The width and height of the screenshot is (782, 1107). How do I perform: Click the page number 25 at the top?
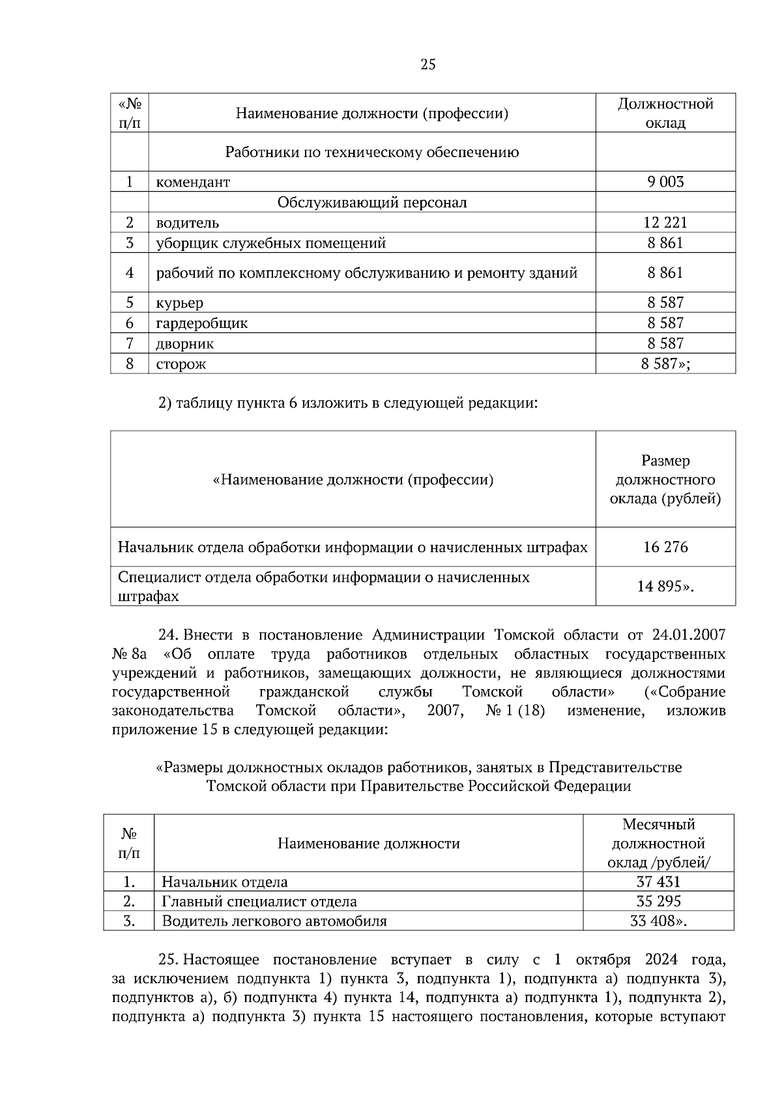click(x=428, y=64)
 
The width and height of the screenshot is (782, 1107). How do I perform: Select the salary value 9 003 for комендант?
click(x=665, y=182)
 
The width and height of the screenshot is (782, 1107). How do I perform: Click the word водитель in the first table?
click(x=187, y=223)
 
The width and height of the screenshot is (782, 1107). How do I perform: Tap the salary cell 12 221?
click(x=665, y=223)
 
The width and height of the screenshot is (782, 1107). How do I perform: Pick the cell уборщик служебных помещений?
click(x=270, y=243)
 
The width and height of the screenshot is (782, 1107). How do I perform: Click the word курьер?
click(x=179, y=303)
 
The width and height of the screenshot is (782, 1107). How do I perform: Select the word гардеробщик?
click(x=201, y=323)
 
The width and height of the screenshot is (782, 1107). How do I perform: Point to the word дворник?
click(x=184, y=344)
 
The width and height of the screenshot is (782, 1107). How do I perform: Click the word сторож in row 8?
click(x=181, y=364)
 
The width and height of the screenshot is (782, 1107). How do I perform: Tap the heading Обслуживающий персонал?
click(x=372, y=202)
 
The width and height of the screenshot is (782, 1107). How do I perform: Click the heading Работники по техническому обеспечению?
click(x=372, y=153)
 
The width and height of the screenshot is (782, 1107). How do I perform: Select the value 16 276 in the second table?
click(x=665, y=547)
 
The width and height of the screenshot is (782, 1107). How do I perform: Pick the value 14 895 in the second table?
click(x=663, y=586)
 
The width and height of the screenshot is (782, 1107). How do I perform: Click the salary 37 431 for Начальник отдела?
click(x=658, y=882)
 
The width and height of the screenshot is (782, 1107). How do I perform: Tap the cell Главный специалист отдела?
click(x=259, y=902)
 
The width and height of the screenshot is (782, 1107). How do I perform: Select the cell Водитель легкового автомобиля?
click(x=274, y=921)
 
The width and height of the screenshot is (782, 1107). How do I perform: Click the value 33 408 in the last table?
click(x=658, y=921)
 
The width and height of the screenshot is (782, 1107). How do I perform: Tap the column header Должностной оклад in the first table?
click(x=665, y=113)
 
